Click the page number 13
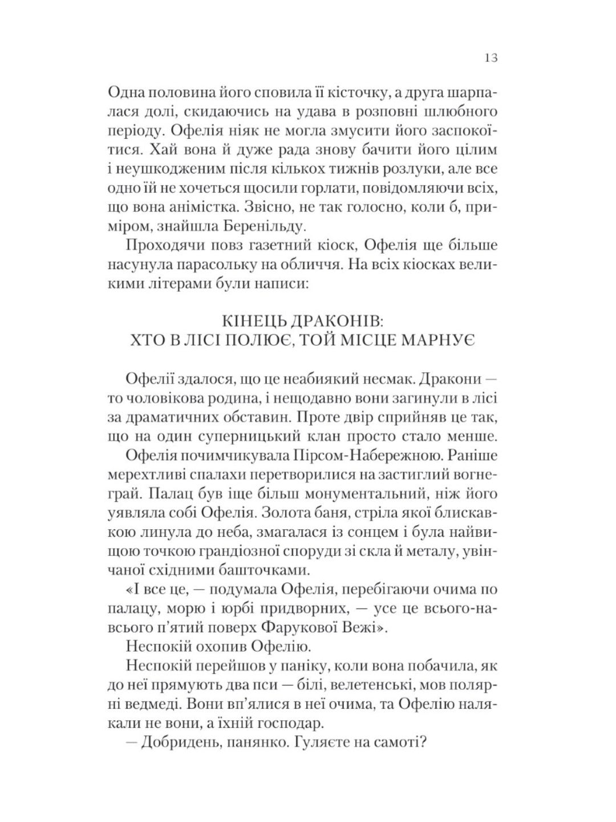pos(491,58)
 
